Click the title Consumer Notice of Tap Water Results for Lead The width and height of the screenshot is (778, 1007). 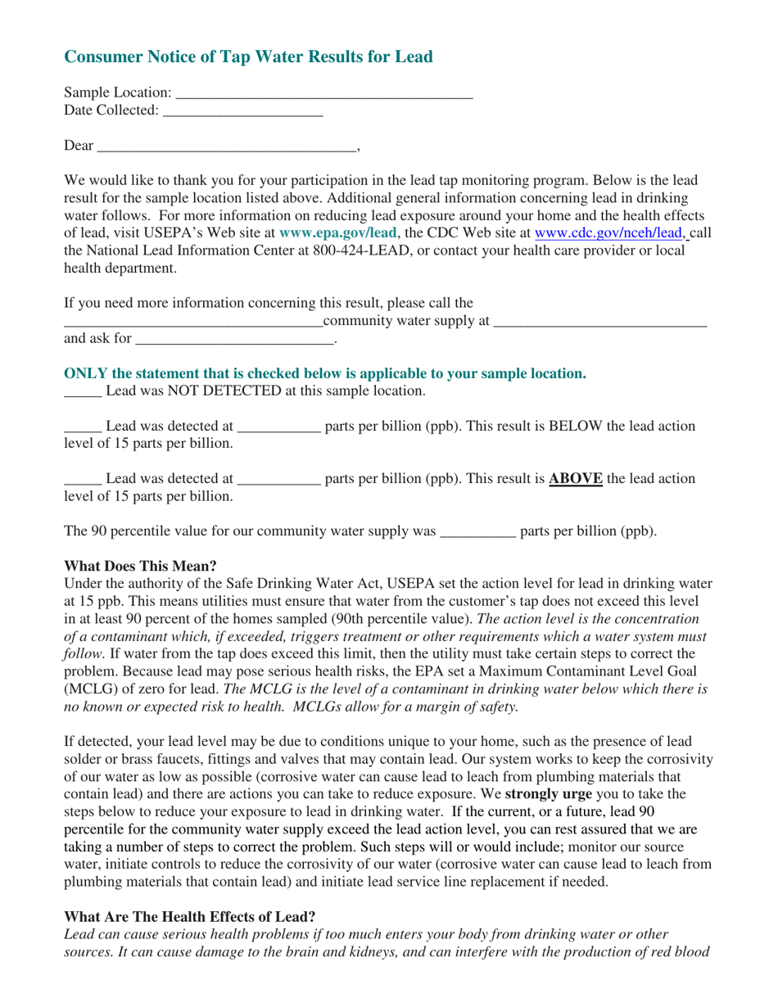pos(248,56)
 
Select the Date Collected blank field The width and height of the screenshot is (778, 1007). pos(243,111)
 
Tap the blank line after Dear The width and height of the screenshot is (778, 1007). pos(227,147)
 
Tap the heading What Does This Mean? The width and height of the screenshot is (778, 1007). pos(140,566)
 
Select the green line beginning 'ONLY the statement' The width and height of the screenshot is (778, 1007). pos(325,373)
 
